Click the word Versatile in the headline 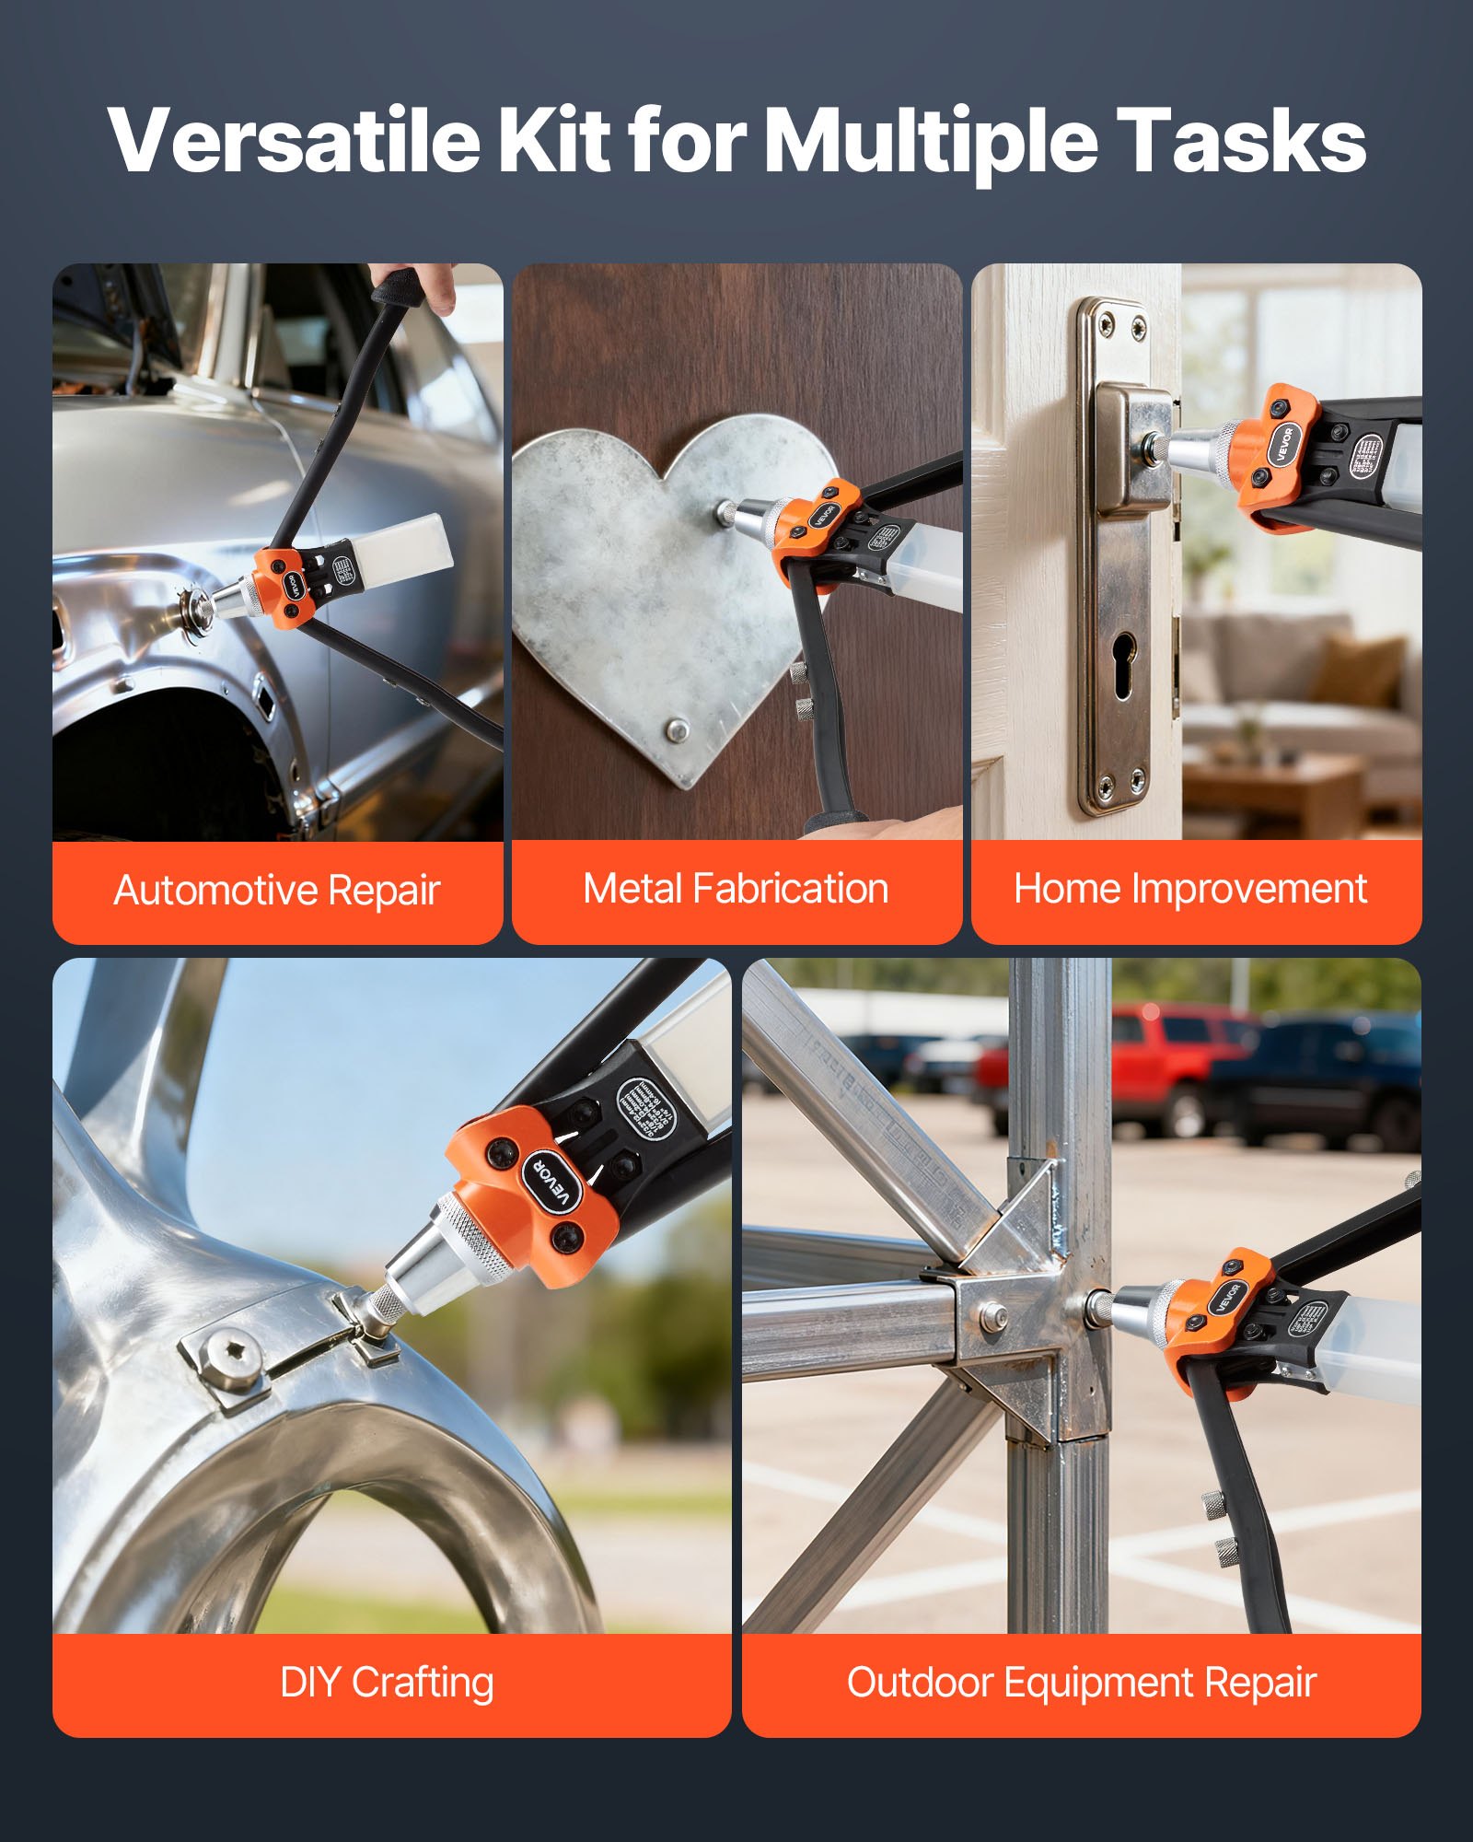tap(293, 140)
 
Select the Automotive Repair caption tap(276, 891)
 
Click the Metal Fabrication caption tap(736, 889)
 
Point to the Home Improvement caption tap(1189, 889)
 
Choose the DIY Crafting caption tap(387, 1683)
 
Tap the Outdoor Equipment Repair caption tap(1081, 1683)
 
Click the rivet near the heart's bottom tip tap(678, 730)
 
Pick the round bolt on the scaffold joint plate tap(991, 1316)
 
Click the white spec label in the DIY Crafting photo tap(645, 1104)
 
